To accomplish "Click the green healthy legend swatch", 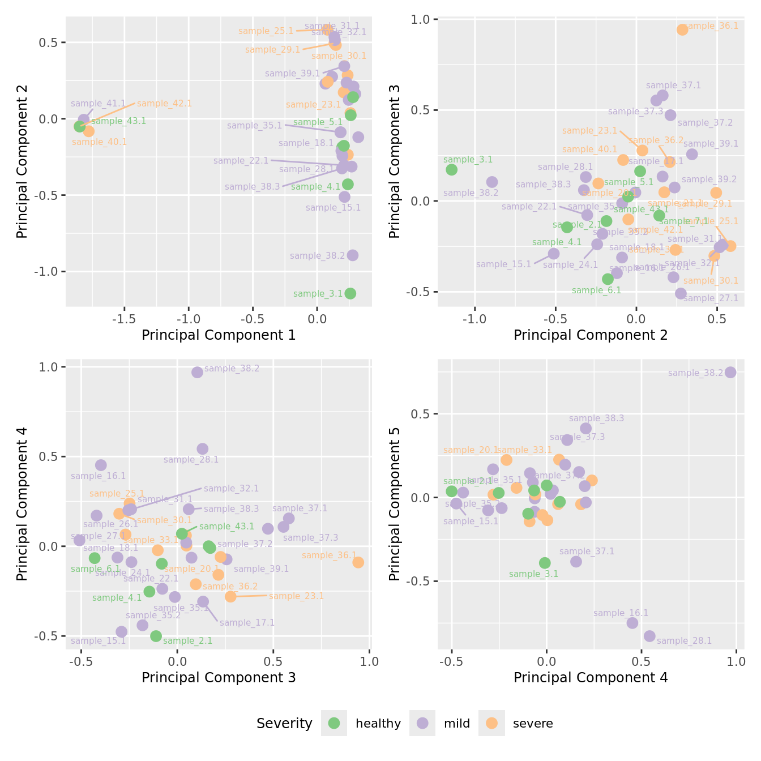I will [x=334, y=723].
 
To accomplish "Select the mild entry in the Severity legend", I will [x=456, y=723].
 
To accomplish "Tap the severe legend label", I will [x=532, y=723].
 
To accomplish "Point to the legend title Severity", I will [x=284, y=723].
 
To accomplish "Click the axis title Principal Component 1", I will [x=219, y=335].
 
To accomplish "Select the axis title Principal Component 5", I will [x=395, y=503].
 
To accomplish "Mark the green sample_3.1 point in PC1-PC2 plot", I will [x=350, y=293].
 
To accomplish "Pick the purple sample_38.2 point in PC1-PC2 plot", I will [x=353, y=255].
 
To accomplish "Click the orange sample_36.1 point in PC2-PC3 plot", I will [x=682, y=29].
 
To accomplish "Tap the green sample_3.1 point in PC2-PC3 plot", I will [x=451, y=169].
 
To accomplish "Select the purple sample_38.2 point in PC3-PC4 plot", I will [x=197, y=372].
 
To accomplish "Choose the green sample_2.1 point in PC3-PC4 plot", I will [x=156, y=636].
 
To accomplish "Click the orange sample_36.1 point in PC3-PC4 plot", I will [x=358, y=562].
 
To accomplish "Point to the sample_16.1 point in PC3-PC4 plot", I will [x=101, y=465].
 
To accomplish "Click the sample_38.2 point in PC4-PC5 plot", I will [x=730, y=372].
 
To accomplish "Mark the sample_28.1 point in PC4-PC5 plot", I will [x=649, y=636].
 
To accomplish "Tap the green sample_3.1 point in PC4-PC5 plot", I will [x=545, y=563].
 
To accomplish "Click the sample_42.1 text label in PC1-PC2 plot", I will [x=164, y=104].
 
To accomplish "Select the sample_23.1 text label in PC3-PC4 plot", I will [x=296, y=596].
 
